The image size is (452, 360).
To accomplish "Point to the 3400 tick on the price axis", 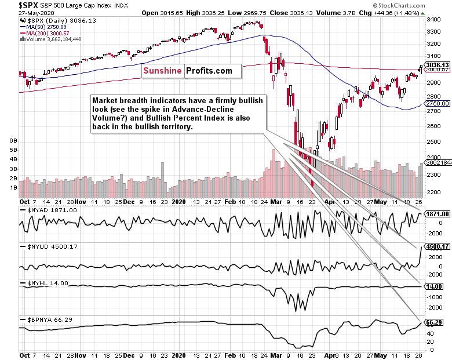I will click(x=432, y=20).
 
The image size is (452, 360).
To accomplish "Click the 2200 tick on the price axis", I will click(x=432, y=175).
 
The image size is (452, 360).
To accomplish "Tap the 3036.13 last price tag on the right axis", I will click(x=438, y=65).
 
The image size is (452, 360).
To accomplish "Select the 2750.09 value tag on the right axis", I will click(x=438, y=103).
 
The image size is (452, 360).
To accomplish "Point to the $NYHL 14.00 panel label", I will click(x=45, y=283).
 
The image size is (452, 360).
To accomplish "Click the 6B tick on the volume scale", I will click(x=10, y=141).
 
